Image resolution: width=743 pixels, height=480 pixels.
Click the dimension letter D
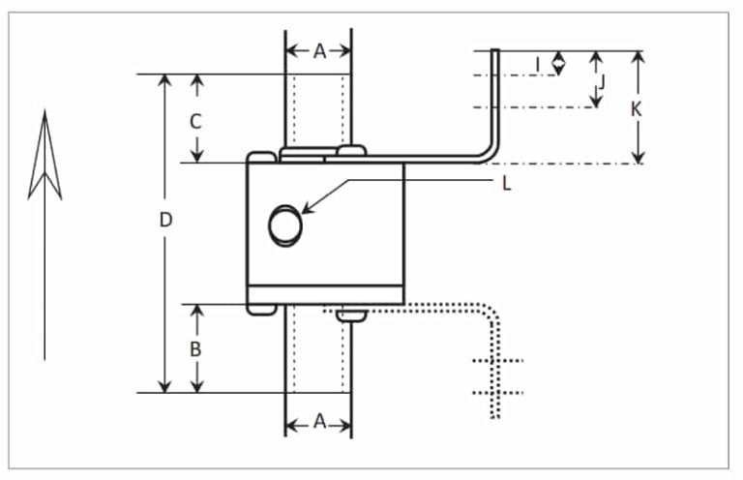click(x=165, y=221)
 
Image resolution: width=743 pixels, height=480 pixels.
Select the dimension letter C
click(x=195, y=122)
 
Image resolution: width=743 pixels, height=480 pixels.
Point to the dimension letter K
click(x=636, y=109)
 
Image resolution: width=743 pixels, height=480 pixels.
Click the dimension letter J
click(x=601, y=82)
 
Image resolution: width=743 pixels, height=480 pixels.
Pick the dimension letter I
click(x=538, y=64)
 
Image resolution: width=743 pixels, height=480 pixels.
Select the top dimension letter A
click(x=318, y=51)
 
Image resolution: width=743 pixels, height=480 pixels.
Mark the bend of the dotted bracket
click(x=490, y=315)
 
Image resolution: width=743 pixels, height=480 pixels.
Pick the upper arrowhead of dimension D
click(x=165, y=80)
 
